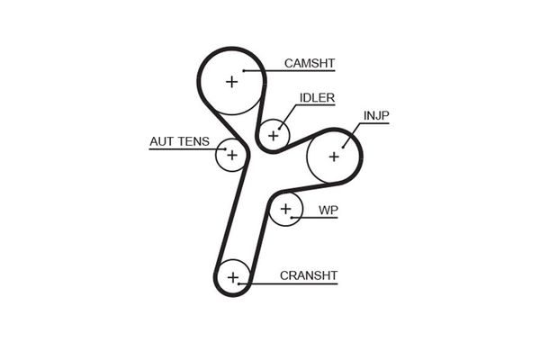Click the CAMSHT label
coord(309,63)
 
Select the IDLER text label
coord(317,98)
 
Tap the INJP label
coord(376,116)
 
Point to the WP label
coord(328,210)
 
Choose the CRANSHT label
coord(308,275)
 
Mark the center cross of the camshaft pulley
coord(231,82)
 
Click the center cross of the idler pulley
coord(273,136)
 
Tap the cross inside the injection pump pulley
coord(333,157)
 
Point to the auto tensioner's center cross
coord(231,155)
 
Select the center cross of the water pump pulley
coord(286,211)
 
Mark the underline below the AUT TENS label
coord(180,149)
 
